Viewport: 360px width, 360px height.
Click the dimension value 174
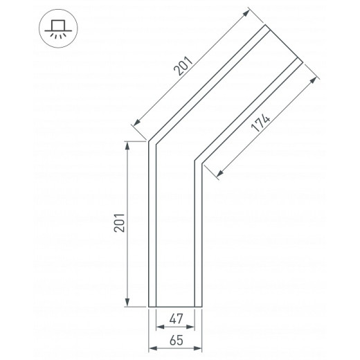click(260, 123)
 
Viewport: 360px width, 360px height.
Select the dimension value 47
click(176, 318)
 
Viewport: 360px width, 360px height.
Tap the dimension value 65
click(177, 340)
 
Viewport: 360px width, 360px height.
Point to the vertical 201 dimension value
click(120, 223)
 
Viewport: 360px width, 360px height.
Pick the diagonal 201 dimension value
click(183, 66)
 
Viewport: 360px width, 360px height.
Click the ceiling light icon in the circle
click(58, 28)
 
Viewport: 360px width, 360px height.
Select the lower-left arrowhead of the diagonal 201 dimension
click(137, 123)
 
